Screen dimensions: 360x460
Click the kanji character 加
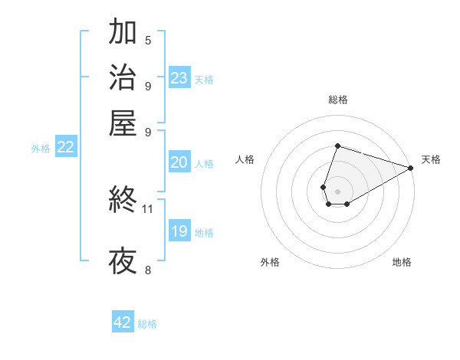123,34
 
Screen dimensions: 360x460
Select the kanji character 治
123,78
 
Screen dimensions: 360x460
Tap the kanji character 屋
123,123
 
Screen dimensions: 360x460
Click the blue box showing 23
179,77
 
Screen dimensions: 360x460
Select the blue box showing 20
179,162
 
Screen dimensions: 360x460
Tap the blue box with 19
179,232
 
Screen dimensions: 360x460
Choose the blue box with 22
65,147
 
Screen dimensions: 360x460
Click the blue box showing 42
123,322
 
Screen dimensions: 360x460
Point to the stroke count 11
148,208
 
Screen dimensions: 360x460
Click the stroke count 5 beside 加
148,41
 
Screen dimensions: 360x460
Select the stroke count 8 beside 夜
148,270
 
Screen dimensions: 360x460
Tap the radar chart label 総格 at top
337,100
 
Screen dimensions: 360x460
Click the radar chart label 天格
431,159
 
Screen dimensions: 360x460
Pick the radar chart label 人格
245,159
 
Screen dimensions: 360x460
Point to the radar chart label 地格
402,262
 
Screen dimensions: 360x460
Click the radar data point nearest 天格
410,167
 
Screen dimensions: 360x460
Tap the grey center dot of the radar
337,190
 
